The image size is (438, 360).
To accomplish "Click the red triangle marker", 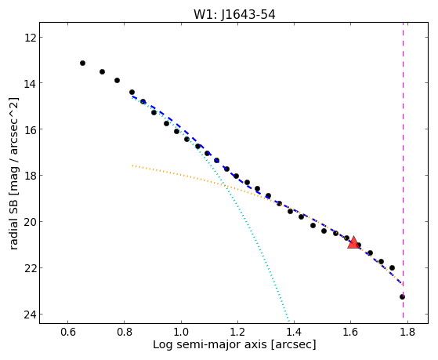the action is click(x=353, y=242).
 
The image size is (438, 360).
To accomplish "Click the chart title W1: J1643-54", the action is click(x=234, y=15).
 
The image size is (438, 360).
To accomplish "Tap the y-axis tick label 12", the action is click(x=30, y=38).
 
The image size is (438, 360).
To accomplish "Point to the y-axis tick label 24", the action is click(x=30, y=315).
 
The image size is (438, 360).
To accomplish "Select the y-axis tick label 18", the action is click(x=30, y=176).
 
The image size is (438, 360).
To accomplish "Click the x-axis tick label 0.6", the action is click(x=68, y=332).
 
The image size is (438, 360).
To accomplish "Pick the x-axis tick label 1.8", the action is click(x=407, y=332).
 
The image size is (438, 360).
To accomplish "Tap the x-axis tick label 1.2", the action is click(x=237, y=332).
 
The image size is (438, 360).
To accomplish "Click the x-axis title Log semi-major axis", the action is click(x=210, y=344).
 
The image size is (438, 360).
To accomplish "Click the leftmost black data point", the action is click(x=82, y=64).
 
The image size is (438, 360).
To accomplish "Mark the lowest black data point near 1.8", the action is click(x=402, y=296).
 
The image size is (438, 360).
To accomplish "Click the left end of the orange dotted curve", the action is click(x=132, y=165).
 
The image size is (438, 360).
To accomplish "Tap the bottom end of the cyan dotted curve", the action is click(x=288, y=321).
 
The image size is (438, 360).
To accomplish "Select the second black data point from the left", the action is click(x=102, y=72).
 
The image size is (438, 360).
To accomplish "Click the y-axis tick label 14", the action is click(x=30, y=84).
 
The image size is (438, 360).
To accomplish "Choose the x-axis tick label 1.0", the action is click(x=181, y=332).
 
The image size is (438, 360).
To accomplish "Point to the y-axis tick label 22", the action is click(x=30, y=268).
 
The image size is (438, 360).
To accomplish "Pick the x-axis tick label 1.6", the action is click(x=350, y=332).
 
